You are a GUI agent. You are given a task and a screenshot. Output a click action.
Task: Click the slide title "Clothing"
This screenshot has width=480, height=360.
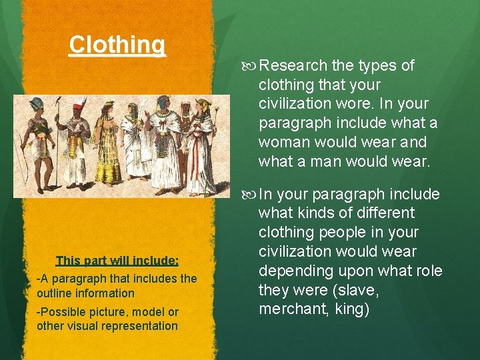tap(117, 45)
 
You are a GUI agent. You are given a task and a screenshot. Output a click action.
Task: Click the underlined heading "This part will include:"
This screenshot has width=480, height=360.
tap(117, 260)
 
